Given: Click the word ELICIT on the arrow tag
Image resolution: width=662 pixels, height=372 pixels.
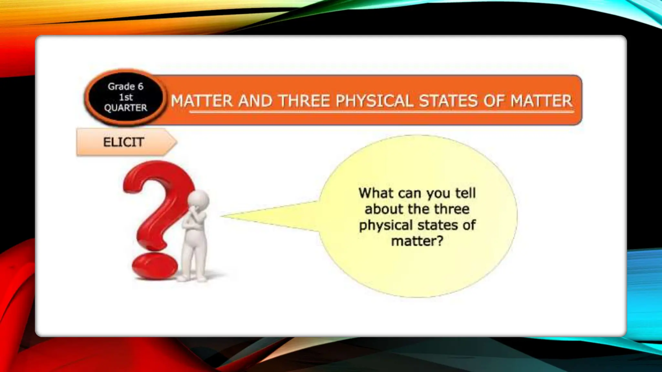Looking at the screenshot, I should click(123, 142).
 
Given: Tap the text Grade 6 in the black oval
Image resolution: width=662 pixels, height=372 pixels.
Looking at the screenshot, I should click(125, 87).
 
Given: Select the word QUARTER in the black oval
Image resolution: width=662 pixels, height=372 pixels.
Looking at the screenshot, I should click(125, 108).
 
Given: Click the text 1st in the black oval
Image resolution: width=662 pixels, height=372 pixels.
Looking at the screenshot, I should click(126, 97).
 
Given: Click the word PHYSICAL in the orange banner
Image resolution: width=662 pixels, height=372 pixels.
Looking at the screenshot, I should click(374, 101).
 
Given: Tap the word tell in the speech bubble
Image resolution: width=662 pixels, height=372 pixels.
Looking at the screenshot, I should click(465, 193).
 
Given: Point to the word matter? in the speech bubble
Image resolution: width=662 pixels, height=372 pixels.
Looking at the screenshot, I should click(417, 241).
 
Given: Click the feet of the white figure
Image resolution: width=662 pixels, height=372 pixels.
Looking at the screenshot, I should click(192, 278).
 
